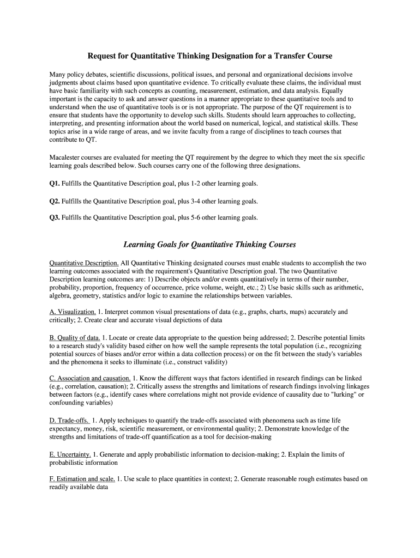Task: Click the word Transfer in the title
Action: coord(291,56)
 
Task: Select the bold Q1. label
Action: coord(55,184)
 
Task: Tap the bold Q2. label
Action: coord(55,201)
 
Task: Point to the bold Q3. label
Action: coord(55,217)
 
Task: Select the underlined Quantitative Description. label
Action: coord(84,263)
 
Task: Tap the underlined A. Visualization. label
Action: coord(73,312)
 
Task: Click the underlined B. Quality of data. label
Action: coord(75,338)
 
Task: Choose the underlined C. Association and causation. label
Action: coord(90,378)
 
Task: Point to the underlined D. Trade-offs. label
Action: coord(70,420)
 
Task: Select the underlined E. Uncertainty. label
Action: coord(70,454)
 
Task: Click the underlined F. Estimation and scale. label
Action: coord(82,479)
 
